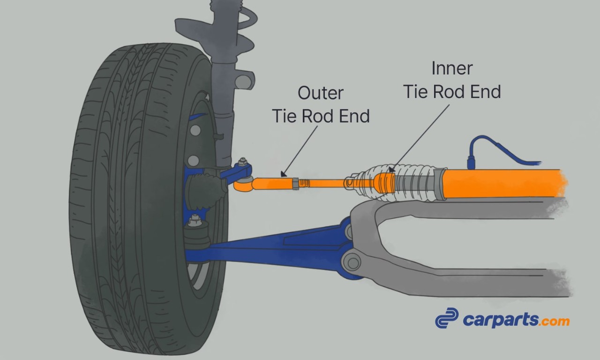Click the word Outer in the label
pos(321,93)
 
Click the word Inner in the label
pos(452,69)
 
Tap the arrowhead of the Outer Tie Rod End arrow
pos(283,174)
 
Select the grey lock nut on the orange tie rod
pos(295,183)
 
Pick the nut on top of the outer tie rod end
pos(242,163)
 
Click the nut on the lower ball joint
pos(194,220)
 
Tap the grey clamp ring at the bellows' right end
pos(438,185)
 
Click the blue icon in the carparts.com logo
pos(446,318)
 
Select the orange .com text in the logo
pos(554,322)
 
